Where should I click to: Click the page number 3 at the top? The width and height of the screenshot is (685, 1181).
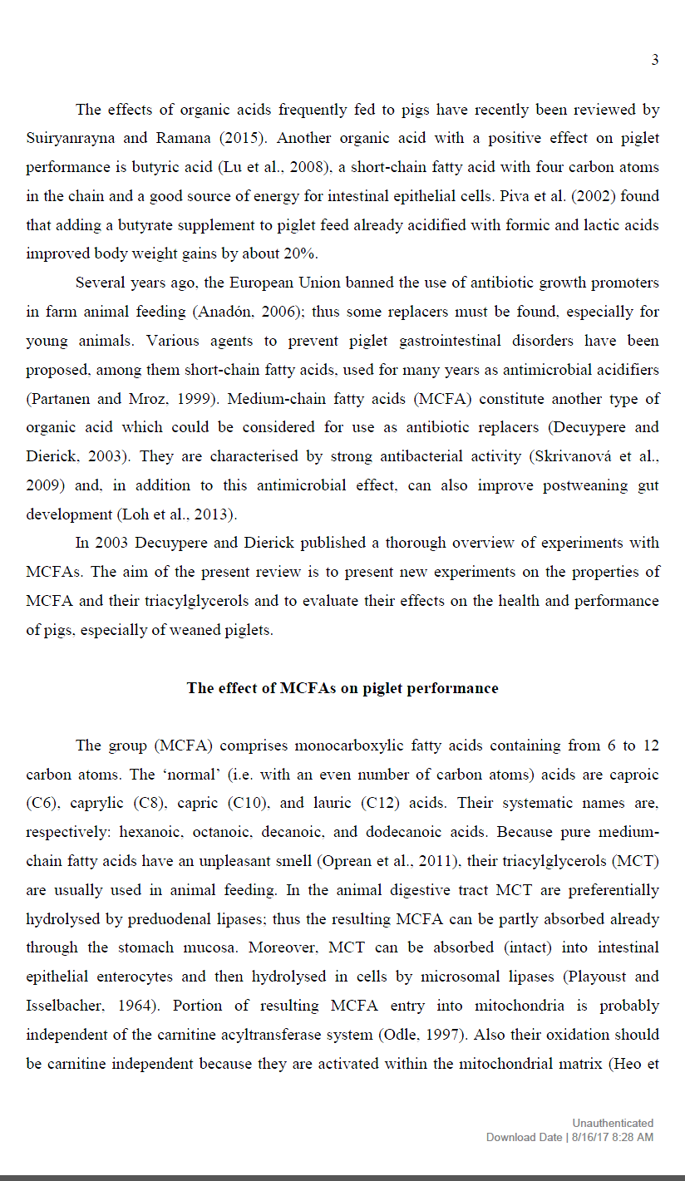click(655, 60)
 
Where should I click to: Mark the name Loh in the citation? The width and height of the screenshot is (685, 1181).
click(133, 514)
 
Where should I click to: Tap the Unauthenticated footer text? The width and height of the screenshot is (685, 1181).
click(612, 1123)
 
